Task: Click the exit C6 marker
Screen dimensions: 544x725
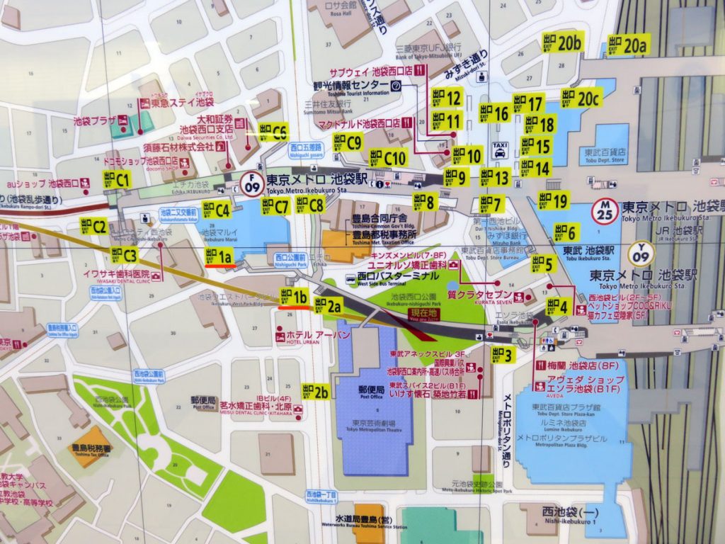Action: point(273,132)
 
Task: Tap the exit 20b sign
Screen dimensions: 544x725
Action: point(562,42)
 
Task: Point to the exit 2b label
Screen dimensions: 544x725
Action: point(316,391)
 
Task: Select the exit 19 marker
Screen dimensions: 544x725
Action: point(553,200)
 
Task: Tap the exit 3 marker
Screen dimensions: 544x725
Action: point(502,355)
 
